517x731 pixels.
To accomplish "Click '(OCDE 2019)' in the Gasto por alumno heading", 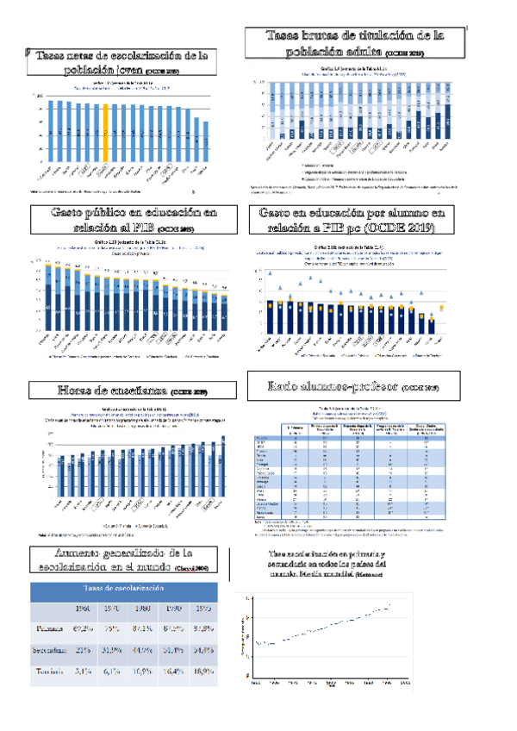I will click(x=401, y=228).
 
